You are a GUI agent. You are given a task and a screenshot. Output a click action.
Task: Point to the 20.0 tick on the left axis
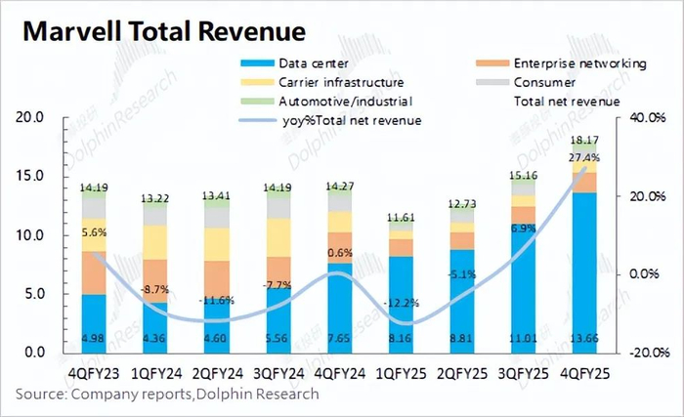point(32,117)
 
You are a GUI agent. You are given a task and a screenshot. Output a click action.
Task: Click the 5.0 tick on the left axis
point(36,293)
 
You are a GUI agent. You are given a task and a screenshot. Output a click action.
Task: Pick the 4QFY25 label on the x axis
point(583,372)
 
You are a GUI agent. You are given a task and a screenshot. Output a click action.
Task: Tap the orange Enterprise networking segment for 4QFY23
point(94,272)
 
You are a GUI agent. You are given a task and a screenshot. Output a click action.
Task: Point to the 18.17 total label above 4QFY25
point(584,142)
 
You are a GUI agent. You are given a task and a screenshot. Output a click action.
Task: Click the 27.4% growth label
point(583,157)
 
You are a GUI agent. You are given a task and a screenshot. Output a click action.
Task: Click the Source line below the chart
point(166,394)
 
